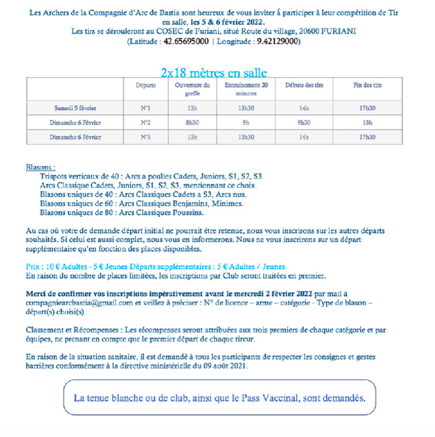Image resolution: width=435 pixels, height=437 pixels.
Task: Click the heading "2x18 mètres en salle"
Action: (x=214, y=73)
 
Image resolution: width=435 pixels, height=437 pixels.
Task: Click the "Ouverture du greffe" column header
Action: (x=192, y=90)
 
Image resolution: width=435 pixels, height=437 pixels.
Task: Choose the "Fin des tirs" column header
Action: (x=367, y=86)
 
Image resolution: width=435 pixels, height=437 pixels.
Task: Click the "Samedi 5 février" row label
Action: (x=76, y=108)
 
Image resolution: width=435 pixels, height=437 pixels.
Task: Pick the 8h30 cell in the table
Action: (x=192, y=122)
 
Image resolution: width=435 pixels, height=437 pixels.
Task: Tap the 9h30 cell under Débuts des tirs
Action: (x=304, y=122)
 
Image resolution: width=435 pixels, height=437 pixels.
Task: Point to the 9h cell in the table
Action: (x=246, y=122)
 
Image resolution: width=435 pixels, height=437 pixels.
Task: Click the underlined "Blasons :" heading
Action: (x=41, y=168)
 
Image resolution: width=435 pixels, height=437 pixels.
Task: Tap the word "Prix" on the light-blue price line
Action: (x=34, y=267)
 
